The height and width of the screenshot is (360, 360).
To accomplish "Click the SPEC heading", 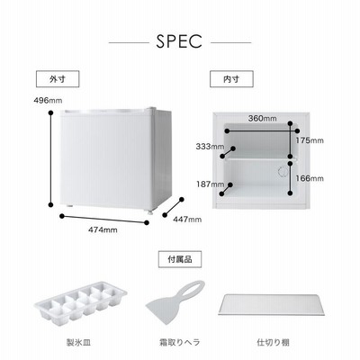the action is [x=179, y=41].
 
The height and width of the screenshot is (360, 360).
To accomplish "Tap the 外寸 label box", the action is [x=58, y=79].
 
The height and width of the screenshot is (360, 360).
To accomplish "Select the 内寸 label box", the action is [x=231, y=79].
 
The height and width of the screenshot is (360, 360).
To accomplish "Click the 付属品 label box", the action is [x=180, y=259].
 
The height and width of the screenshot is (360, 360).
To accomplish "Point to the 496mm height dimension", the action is [x=48, y=101].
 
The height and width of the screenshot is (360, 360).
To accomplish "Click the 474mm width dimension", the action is [x=103, y=230].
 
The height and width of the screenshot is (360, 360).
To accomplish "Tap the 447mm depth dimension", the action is [x=187, y=220].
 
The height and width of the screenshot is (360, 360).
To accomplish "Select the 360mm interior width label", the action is [x=262, y=119].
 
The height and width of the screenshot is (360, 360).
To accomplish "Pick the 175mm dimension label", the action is [x=310, y=140].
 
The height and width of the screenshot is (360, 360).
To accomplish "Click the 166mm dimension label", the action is [x=310, y=179].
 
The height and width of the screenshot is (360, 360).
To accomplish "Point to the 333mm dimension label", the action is [x=210, y=147].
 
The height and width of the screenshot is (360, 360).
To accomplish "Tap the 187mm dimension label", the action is [x=210, y=184].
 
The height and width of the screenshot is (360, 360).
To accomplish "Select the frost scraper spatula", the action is [x=175, y=301].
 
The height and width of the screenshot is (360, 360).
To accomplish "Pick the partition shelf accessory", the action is [x=271, y=305].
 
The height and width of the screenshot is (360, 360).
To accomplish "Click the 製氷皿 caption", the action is [x=78, y=342].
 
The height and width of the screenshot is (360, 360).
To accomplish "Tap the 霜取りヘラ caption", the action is [x=179, y=342].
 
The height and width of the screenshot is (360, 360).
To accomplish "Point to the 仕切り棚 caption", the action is [x=273, y=342].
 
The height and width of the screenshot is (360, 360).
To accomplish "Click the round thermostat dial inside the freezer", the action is [x=283, y=172].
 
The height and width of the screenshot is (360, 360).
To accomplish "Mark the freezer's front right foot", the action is [x=149, y=212].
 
